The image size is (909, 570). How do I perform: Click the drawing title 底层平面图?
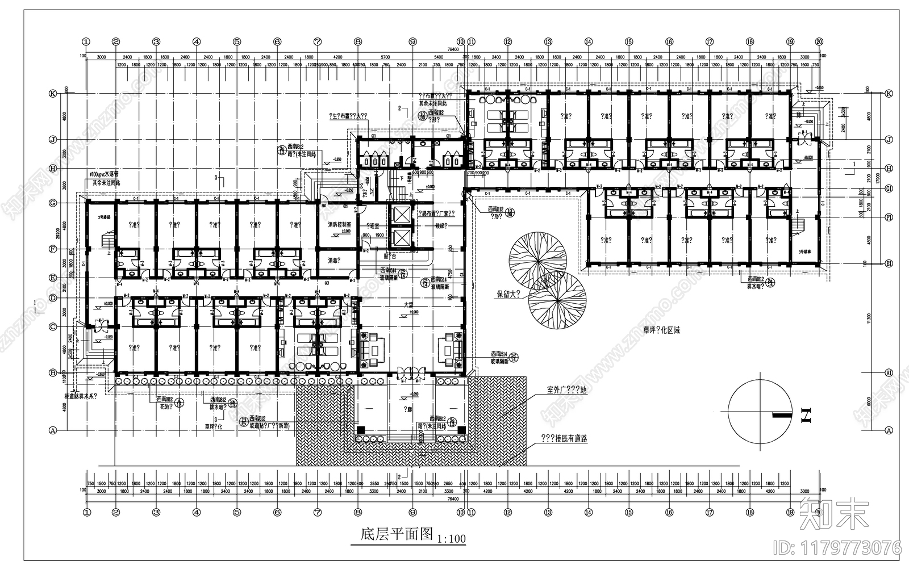397,535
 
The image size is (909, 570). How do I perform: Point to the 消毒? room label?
334,261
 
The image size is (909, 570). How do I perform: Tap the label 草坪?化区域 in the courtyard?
661,329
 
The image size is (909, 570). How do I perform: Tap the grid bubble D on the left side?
52,298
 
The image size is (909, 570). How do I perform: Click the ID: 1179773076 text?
837,548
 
